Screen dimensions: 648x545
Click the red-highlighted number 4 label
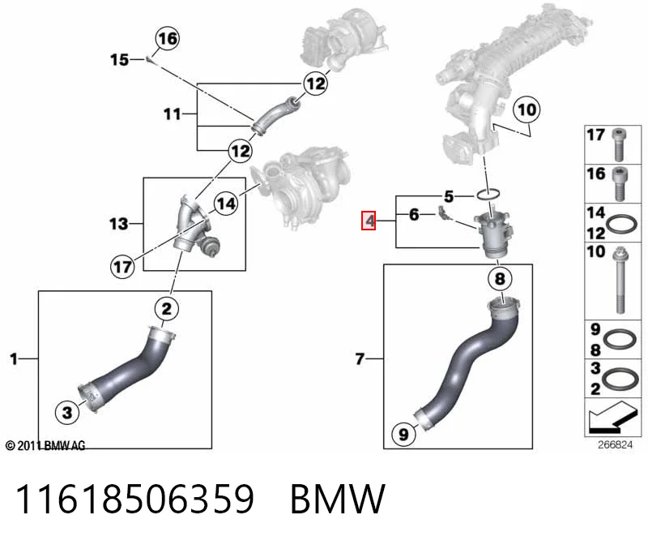[369, 221]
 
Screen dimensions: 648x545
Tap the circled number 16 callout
[168, 38]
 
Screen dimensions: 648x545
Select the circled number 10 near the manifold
[526, 109]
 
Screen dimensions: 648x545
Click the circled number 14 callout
[226, 204]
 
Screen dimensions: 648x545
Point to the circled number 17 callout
[122, 267]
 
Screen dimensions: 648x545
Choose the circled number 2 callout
[166, 309]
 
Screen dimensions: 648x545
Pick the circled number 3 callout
[67, 412]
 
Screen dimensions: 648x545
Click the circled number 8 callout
[500, 278]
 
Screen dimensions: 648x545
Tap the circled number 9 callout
[403, 434]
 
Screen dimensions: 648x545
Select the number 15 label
[119, 59]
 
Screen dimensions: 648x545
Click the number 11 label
[173, 114]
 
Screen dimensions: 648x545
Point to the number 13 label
[118, 224]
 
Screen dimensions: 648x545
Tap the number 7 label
[360, 358]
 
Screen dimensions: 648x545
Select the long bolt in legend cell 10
[619, 279]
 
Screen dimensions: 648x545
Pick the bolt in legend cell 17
[619, 144]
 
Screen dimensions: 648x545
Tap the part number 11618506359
[134, 499]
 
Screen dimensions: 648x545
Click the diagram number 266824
[615, 445]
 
